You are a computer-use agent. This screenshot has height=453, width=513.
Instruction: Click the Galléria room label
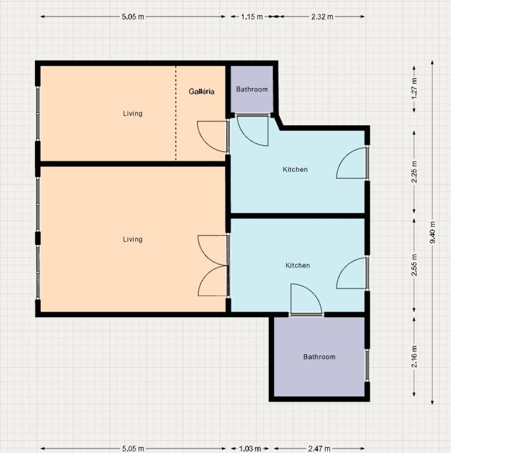(201, 92)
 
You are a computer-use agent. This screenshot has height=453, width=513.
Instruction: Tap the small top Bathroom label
(252, 89)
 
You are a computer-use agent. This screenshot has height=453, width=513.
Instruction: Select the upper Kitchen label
(295, 169)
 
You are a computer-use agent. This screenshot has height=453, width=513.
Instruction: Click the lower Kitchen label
(298, 266)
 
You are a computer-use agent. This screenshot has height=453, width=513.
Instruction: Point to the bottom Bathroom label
(319, 357)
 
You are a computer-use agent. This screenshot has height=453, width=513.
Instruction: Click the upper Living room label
(132, 114)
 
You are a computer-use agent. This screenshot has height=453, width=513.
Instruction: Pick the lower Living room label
(132, 239)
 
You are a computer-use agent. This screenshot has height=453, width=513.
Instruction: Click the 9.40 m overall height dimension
(432, 232)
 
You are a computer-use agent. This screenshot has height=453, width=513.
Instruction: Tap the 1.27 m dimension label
(414, 89)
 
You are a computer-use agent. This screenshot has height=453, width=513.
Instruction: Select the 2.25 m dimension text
(414, 172)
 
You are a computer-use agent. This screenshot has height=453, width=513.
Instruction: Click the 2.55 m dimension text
(414, 265)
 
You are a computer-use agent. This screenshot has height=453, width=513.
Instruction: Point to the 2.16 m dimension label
(414, 357)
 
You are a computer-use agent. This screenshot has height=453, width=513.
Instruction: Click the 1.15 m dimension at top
(252, 17)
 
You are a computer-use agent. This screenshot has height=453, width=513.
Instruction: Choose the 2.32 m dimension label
(322, 17)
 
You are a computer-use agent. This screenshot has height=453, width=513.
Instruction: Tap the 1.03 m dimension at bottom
(250, 448)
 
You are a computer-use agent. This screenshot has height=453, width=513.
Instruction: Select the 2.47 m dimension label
(319, 448)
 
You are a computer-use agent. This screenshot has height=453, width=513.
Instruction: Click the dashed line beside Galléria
(176, 113)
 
